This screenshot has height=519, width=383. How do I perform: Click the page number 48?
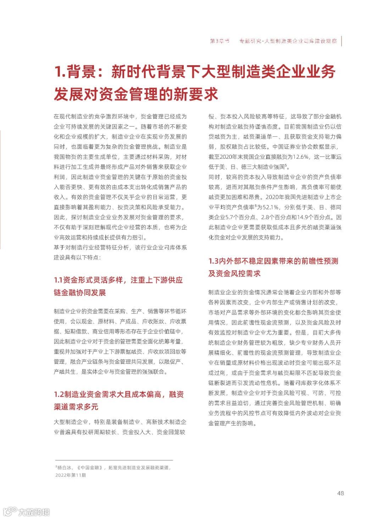(x=340, y=493)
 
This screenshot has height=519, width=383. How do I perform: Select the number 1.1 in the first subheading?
(x=58, y=280)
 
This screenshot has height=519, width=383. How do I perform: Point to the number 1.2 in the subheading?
(x=59, y=394)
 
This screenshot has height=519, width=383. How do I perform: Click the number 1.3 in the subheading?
(x=213, y=261)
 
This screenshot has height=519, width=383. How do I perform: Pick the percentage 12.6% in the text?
(x=300, y=157)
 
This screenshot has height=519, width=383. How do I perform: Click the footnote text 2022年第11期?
(x=71, y=475)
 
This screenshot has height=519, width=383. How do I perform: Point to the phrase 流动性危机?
(x=268, y=383)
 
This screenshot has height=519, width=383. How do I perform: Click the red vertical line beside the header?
(x=342, y=41)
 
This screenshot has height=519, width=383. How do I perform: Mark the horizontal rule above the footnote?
(x=113, y=460)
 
